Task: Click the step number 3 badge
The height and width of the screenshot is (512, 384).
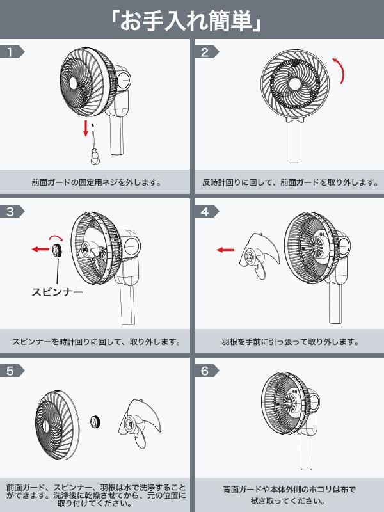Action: (x=11, y=212)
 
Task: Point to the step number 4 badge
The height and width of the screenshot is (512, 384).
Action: (x=206, y=212)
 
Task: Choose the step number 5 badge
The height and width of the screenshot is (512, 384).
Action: (x=11, y=371)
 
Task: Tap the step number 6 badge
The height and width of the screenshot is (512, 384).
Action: (x=206, y=371)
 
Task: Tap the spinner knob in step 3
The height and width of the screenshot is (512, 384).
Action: (x=58, y=249)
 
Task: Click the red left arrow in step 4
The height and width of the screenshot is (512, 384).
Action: (x=225, y=250)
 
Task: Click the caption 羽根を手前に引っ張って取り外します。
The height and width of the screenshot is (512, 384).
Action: (x=291, y=341)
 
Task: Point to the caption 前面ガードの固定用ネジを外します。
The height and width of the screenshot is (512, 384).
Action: (x=96, y=182)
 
